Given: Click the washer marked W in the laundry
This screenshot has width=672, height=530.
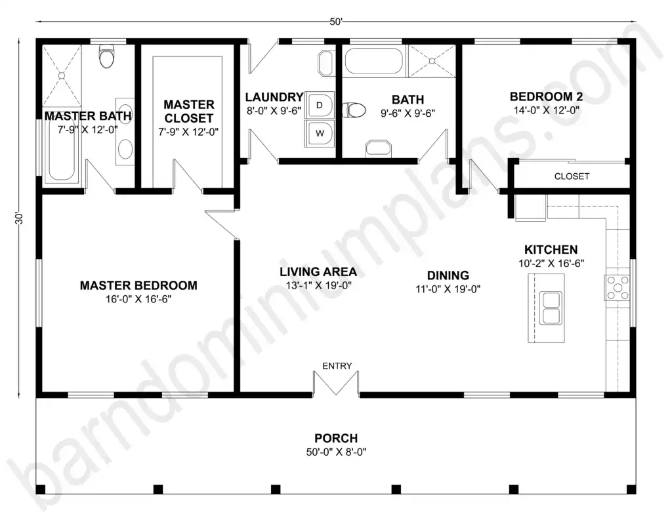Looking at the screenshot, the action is tap(320, 133).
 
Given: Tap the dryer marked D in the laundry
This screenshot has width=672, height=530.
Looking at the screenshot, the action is tap(320, 105).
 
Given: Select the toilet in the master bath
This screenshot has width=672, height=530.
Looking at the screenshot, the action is tap(106, 56).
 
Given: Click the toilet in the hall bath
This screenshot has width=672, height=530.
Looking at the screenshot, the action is tap(355, 110).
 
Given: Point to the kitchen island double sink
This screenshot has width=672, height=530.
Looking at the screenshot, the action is tap(551, 308).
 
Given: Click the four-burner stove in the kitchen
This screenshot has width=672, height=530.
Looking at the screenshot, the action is tap(618, 288).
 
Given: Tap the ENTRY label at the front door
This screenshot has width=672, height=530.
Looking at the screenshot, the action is tap(337, 366).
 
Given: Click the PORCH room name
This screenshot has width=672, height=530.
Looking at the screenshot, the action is tap(336, 438).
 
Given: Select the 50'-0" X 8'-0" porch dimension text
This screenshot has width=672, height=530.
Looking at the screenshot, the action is tap(336, 452).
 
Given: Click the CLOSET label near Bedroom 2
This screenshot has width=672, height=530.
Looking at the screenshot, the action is tap(572, 176).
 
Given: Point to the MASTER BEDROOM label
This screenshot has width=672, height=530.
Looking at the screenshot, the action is tap(138, 285).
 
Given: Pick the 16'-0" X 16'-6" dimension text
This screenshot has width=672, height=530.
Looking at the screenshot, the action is tap(138, 299).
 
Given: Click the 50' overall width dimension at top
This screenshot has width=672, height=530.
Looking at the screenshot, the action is tap(336, 22).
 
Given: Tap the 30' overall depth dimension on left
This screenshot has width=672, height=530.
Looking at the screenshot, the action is tap(19, 218).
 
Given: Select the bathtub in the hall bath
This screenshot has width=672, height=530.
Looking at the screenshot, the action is tap(373, 61).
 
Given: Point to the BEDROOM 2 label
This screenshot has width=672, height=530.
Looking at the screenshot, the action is tap(547, 96).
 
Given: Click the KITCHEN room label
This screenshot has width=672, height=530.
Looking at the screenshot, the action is tap(551, 249).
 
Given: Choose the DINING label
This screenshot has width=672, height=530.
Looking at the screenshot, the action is tap(448, 275).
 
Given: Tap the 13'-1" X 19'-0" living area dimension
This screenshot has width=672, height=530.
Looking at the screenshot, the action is tap(318, 285).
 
